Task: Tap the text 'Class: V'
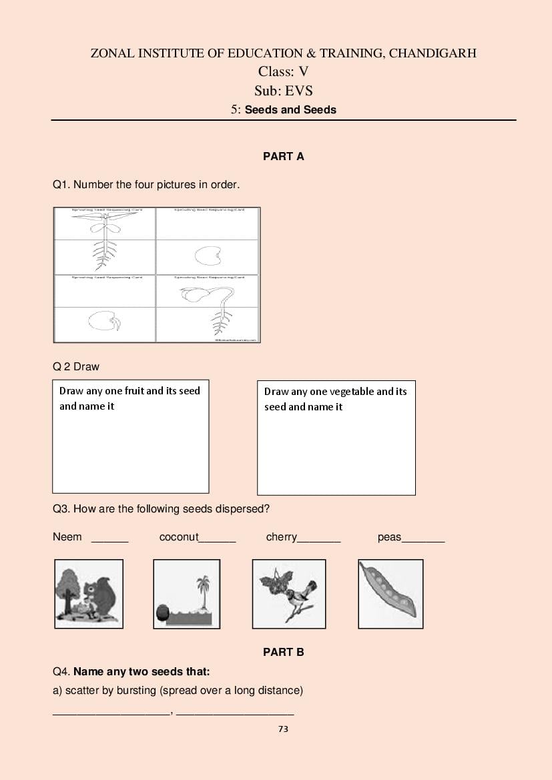[x=283, y=72]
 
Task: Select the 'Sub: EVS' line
[x=283, y=91]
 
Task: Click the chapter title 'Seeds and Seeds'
[x=290, y=110]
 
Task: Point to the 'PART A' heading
[x=283, y=156]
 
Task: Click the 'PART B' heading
[x=283, y=652]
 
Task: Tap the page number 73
[x=283, y=729]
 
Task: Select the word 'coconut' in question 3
[x=178, y=537]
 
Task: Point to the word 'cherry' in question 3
[x=281, y=537]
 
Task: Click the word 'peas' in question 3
[x=389, y=537]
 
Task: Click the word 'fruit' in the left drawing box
[x=131, y=391]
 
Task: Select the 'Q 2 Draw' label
[x=76, y=366]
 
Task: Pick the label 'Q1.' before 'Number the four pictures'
[x=61, y=184]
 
